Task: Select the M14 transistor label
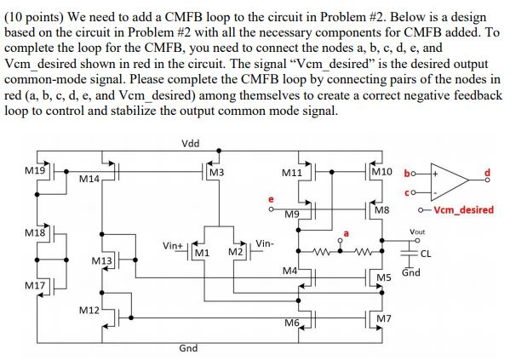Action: [89, 179]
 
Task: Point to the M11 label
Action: [292, 173]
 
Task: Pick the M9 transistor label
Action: [292, 213]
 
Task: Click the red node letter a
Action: [346, 231]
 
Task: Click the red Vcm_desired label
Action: [463, 209]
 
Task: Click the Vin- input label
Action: [265, 243]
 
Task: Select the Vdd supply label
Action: [192, 143]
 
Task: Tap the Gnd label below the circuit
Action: [189, 349]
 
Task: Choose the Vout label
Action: [416, 231]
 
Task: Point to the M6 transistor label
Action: [291, 323]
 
